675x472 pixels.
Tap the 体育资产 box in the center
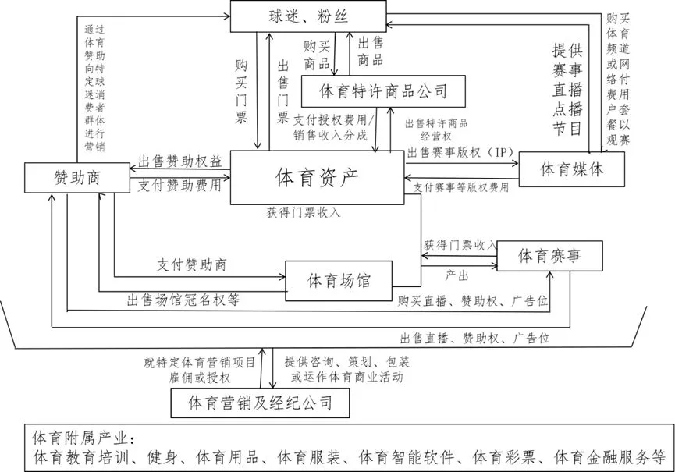pos(317,177)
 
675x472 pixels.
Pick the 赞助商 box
pos(75,178)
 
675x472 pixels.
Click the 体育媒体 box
pos(572,170)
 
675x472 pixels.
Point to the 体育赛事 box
pos(549,255)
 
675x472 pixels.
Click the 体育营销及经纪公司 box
pos(261,403)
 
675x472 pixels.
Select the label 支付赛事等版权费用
pos(462,187)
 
